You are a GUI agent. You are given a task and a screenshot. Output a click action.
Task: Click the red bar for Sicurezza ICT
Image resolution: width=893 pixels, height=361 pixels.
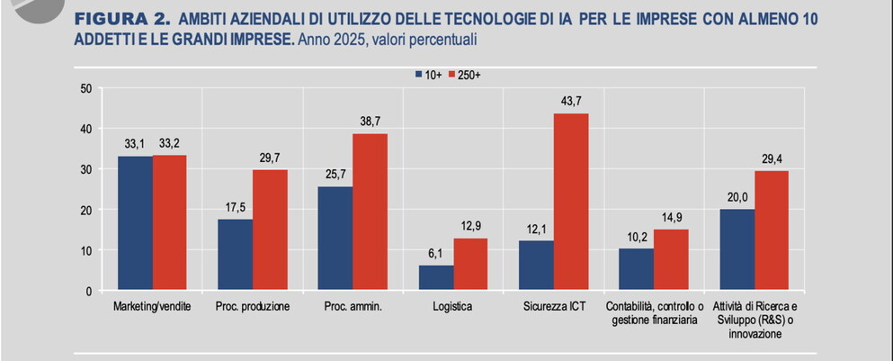[571, 203]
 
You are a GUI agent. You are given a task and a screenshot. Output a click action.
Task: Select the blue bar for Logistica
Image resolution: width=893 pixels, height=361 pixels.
[436, 278]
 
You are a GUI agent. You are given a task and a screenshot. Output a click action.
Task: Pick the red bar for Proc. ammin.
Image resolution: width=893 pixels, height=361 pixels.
[370, 212]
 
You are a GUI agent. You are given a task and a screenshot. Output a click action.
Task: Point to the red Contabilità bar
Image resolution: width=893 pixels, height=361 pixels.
[671, 260]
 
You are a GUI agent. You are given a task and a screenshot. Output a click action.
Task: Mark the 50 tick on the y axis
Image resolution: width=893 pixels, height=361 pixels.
[86, 88]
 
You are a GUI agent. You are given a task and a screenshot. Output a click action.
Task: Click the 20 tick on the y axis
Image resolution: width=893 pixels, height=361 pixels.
[86, 210]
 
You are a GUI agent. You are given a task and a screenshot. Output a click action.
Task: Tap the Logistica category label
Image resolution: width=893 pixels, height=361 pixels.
[453, 307]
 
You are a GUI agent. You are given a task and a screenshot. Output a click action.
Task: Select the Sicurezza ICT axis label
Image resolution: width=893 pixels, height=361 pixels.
[554, 307]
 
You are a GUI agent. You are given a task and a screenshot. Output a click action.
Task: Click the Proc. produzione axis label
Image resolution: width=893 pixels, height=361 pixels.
[253, 307]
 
